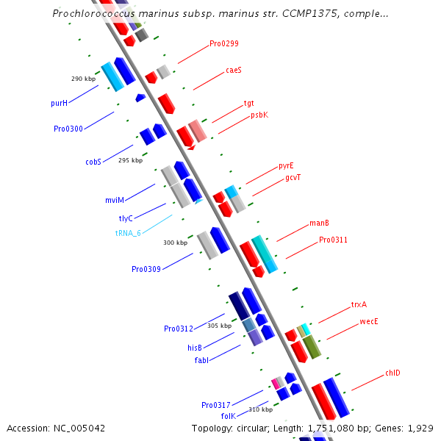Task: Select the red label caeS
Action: (x=234, y=71)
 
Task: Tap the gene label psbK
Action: (x=259, y=115)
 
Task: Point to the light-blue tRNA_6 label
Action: (x=128, y=233)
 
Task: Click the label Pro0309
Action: (x=146, y=270)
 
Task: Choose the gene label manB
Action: (x=319, y=223)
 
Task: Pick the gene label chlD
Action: (x=392, y=373)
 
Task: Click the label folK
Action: (x=227, y=416)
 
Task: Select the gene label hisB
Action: (x=195, y=348)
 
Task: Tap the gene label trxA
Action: (x=359, y=304)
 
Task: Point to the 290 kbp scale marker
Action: (x=83, y=79)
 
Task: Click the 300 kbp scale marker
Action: (x=175, y=243)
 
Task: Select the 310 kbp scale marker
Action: (x=260, y=409)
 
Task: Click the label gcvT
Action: (x=293, y=178)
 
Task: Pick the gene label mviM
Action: (x=115, y=200)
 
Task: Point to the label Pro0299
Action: (x=224, y=44)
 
